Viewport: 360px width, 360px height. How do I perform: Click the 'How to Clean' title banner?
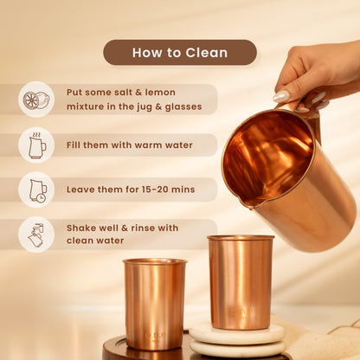pos(180,53)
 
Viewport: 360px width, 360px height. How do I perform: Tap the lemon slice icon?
pos(36,100)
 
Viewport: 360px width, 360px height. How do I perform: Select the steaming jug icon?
pos(37,145)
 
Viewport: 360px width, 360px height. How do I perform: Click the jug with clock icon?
pos(37,190)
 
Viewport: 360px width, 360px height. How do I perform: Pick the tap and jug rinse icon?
pos(36,235)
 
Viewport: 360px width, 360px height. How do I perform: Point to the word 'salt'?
pos(124,93)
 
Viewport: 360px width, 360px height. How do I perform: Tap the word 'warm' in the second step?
pos(148,145)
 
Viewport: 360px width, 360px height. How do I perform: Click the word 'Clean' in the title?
pos(207,53)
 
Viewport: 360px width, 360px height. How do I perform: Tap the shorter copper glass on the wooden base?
pos(155,304)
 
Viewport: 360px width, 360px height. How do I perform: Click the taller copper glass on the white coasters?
pos(241,282)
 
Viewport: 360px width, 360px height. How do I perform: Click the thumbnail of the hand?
pos(281,96)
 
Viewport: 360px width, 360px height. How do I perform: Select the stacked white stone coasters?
pos(237,340)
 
